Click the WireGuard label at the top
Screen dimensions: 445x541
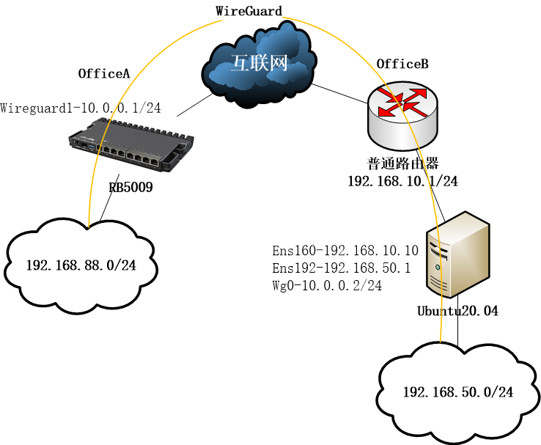pyautogui.click(x=249, y=10)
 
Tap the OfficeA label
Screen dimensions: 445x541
pyautogui.click(x=104, y=73)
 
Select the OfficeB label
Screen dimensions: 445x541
pyautogui.click(x=402, y=64)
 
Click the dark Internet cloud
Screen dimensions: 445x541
pyautogui.click(x=260, y=65)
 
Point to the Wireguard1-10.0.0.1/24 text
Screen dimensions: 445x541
pyautogui.click(x=81, y=109)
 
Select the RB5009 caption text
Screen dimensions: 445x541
pyautogui.click(x=130, y=188)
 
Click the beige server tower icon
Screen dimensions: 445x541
pyautogui.click(x=459, y=252)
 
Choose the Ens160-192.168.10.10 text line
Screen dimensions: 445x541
pyautogui.click(x=345, y=251)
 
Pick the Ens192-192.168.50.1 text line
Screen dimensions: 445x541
pyautogui.click(x=341, y=268)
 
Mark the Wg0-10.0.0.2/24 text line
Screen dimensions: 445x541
pyautogui.click(x=327, y=286)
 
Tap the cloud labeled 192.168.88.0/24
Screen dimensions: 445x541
pyautogui.click(x=81, y=264)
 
